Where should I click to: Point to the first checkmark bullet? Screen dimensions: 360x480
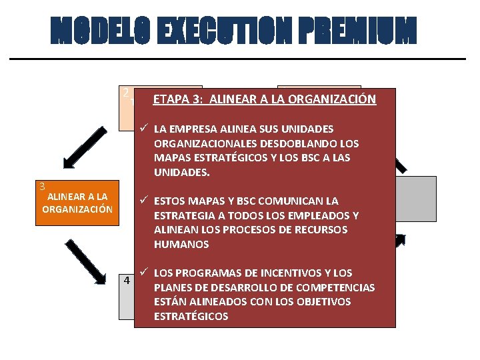(x=143, y=128)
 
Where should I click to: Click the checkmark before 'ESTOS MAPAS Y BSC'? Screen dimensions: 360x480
(x=143, y=200)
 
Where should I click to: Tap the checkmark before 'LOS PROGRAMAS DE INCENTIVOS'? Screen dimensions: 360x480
(x=143, y=272)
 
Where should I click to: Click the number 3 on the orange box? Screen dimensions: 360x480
(x=41, y=187)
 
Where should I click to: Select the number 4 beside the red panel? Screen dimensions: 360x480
(x=125, y=281)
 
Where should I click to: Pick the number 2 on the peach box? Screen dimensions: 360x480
(x=125, y=92)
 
